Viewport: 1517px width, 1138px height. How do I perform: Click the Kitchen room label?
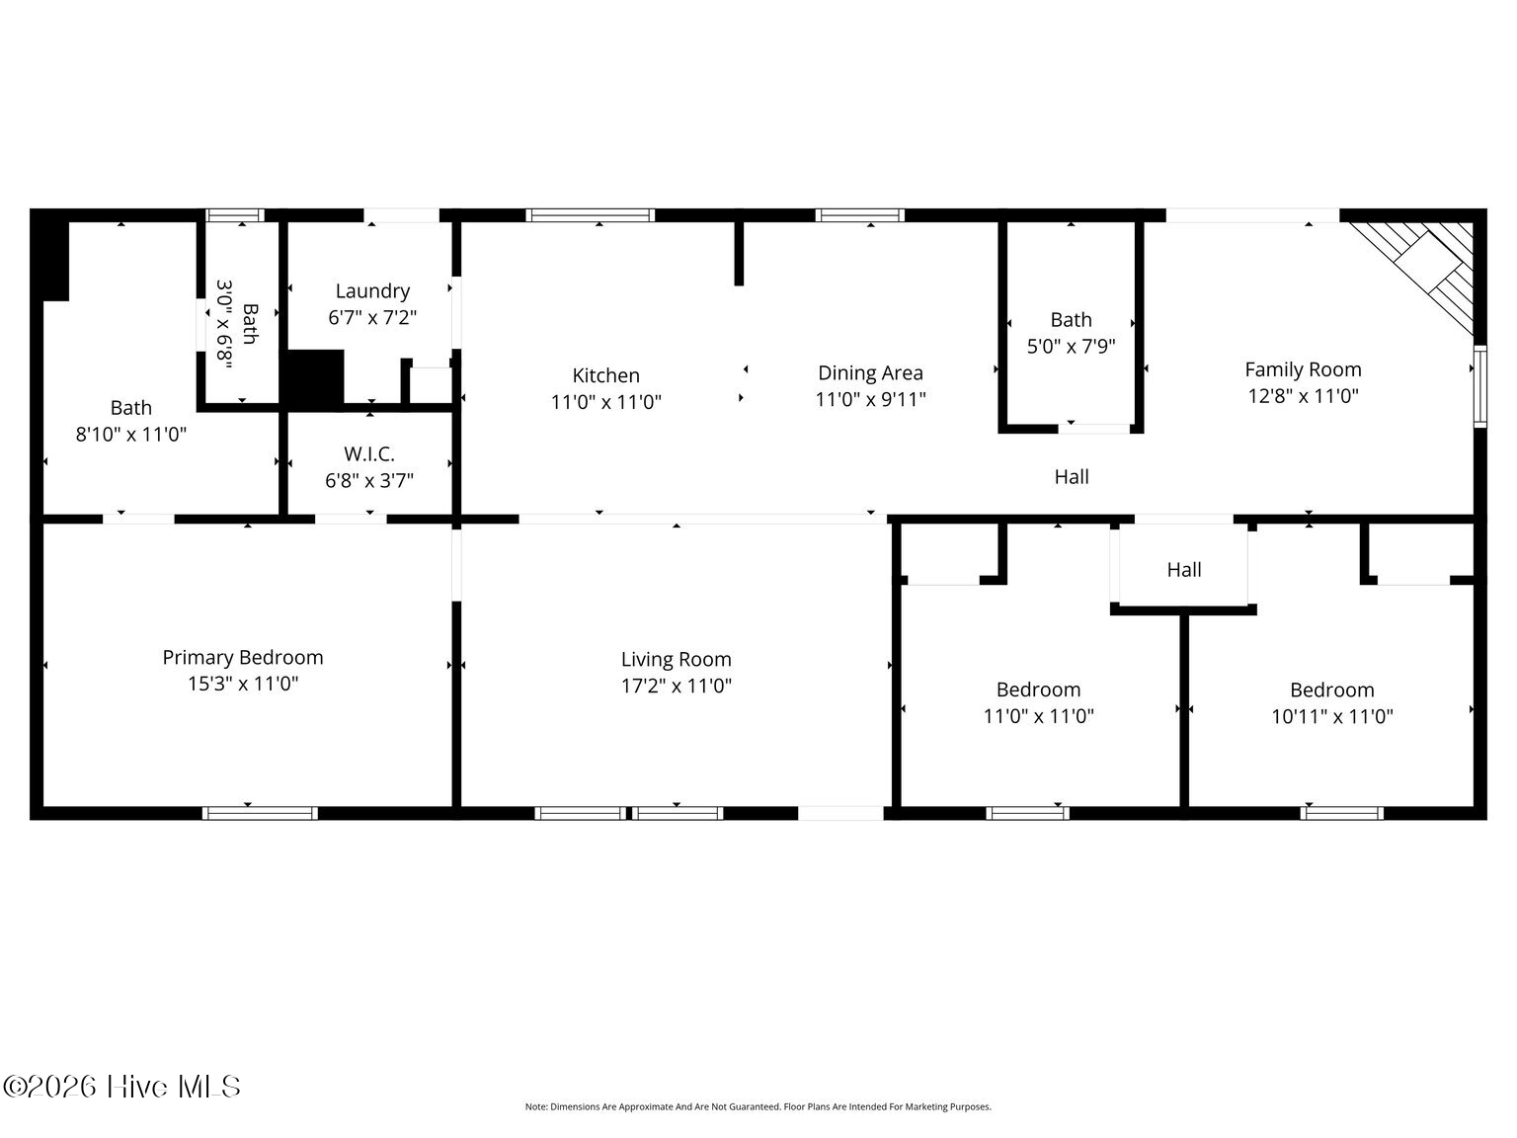pyautogui.click(x=605, y=375)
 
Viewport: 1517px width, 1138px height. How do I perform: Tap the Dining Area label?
pyautogui.click(x=870, y=373)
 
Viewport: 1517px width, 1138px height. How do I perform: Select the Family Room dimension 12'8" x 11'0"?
pyautogui.click(x=1303, y=396)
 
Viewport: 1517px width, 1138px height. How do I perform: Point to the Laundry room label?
pyautogui.click(x=372, y=290)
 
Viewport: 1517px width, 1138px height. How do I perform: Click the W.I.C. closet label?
pyautogui.click(x=369, y=454)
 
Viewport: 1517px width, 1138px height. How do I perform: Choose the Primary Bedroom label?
pyautogui.click(x=243, y=657)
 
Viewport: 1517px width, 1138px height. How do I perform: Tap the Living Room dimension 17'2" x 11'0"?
pyautogui.click(x=676, y=686)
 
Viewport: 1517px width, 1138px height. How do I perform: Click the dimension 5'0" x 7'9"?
pyautogui.click(x=1071, y=346)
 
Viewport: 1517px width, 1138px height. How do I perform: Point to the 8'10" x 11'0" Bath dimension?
pyautogui.click(x=130, y=434)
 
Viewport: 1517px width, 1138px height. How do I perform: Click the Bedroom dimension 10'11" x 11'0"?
pyautogui.click(x=1331, y=716)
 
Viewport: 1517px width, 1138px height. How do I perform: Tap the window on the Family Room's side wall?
pyautogui.click(x=1479, y=386)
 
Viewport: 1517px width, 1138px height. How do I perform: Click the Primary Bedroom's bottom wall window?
pyautogui.click(x=260, y=813)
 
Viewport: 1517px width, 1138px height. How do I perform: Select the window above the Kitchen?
pyautogui.click(x=590, y=215)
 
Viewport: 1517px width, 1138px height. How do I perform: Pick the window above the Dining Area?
pyautogui.click(x=860, y=215)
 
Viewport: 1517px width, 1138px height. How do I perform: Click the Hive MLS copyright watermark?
pyautogui.click(x=121, y=1087)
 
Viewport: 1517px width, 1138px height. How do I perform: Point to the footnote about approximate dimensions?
pyautogui.click(x=758, y=1107)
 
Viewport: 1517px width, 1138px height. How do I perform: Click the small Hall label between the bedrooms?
pyautogui.click(x=1184, y=570)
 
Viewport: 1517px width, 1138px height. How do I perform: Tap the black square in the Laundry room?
pyautogui.click(x=315, y=377)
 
